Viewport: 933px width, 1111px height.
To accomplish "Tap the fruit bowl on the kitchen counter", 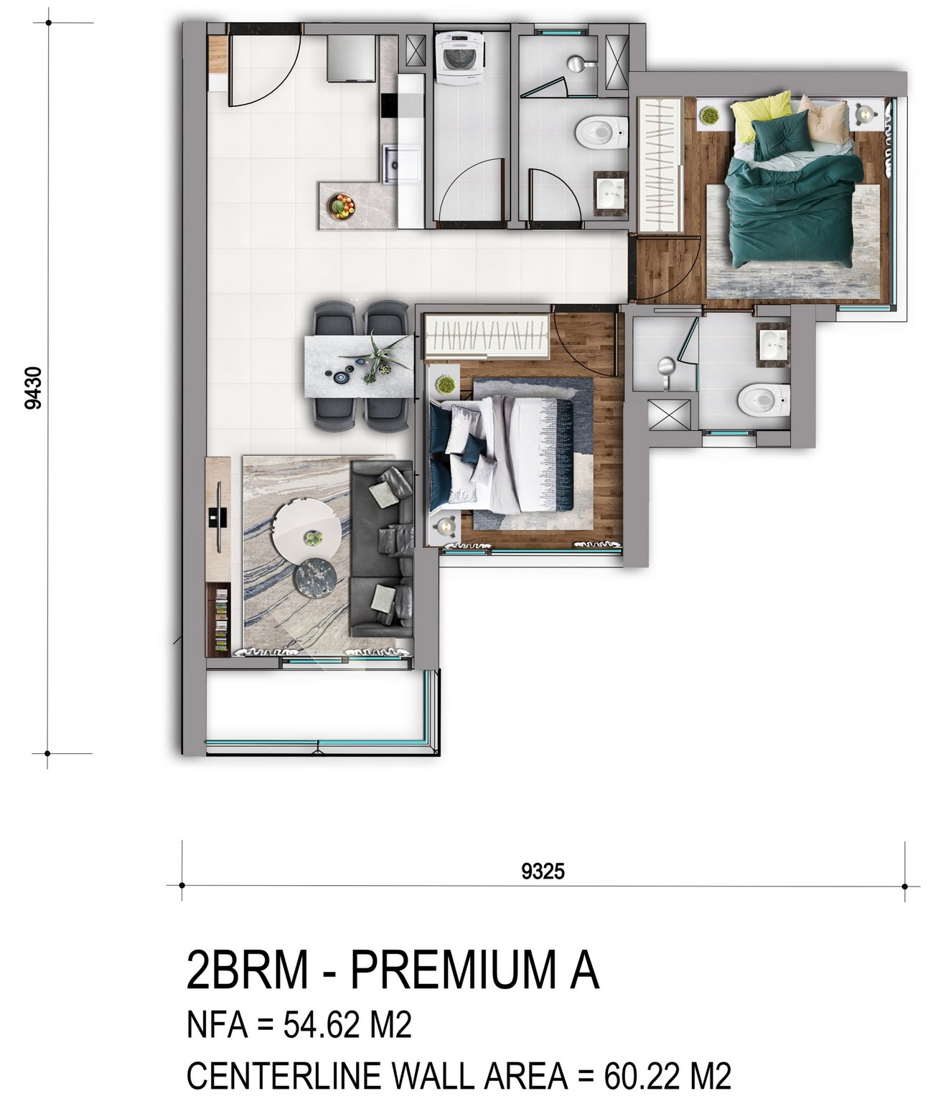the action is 342,206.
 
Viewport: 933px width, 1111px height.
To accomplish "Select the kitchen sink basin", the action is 395,164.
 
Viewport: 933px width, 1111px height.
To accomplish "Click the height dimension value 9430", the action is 33,388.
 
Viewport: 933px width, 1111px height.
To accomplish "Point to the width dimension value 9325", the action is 543,871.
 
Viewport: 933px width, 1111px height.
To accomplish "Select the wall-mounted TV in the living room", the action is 219,516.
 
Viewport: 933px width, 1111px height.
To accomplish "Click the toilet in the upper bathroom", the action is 601,132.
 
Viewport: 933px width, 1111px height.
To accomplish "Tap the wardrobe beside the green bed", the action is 660,164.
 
